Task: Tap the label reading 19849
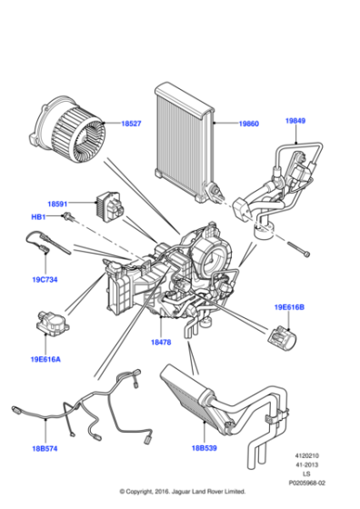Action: tap(297, 121)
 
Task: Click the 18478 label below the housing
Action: tap(161, 343)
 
